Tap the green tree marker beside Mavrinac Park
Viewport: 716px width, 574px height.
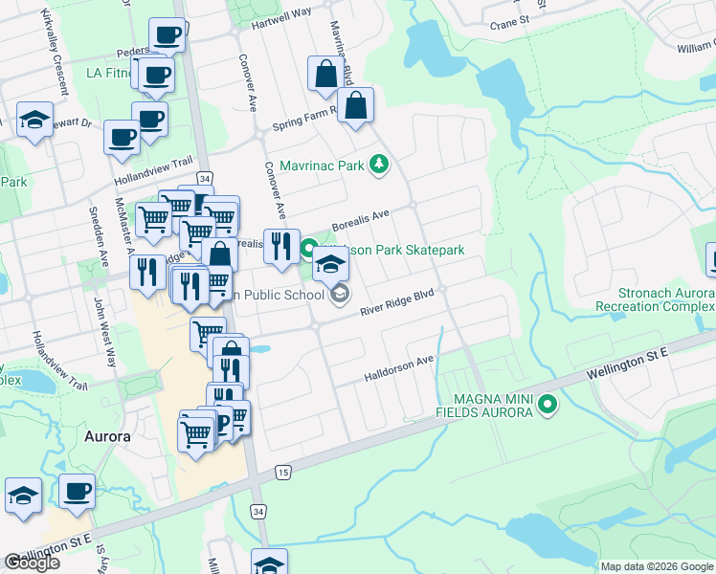tap(380, 166)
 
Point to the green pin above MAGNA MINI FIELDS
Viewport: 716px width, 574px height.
tap(548, 405)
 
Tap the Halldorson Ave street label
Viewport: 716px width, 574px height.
tap(399, 368)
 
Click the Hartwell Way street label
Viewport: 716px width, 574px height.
tap(281, 12)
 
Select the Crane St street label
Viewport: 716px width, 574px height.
tap(508, 22)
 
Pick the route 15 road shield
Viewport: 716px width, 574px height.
tap(282, 472)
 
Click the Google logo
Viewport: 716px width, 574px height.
tap(32, 563)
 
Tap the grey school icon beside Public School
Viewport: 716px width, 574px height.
tap(340, 295)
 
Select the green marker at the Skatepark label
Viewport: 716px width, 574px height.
tap(309, 250)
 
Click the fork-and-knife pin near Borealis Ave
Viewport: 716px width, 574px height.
tap(281, 247)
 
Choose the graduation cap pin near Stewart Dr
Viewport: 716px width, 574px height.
tap(34, 121)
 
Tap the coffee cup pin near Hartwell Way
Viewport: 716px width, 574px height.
tap(167, 36)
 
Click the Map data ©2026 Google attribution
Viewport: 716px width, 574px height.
tap(657, 566)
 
